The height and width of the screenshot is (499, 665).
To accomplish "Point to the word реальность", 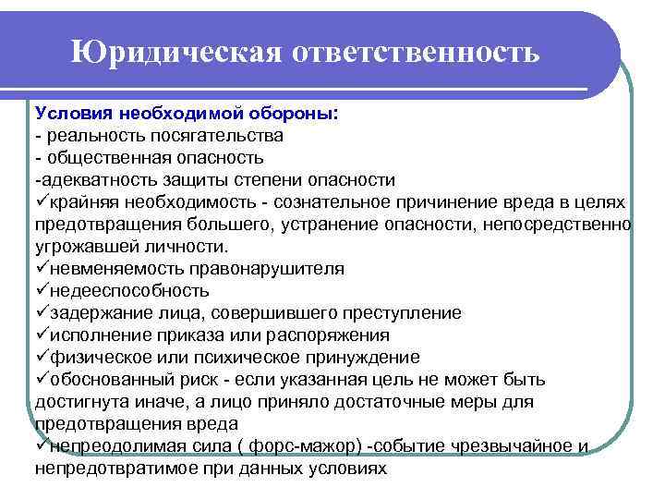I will tap(97, 135).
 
